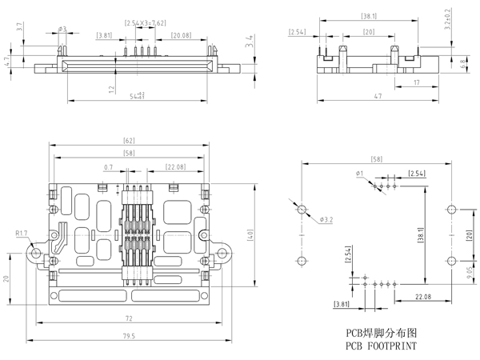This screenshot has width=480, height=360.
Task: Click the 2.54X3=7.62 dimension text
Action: click(146, 24)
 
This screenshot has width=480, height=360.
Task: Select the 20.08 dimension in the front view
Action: click(180, 35)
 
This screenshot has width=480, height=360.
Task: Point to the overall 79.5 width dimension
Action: click(130, 336)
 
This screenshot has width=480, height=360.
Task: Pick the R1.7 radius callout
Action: click(22, 234)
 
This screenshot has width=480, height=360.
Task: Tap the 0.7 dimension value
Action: click(108, 167)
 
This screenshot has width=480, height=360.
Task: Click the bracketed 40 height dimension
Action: click(250, 235)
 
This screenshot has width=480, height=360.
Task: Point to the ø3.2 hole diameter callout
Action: click(326, 218)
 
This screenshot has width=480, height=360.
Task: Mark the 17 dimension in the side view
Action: click(418, 82)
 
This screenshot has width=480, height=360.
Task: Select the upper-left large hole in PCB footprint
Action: click(302, 210)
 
